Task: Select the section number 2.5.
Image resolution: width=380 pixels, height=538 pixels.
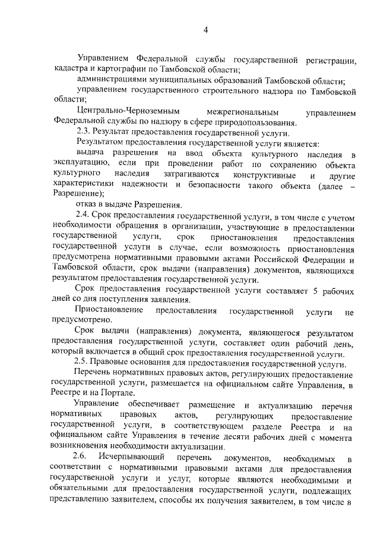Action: point(84,364)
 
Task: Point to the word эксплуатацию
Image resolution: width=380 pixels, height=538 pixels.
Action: point(79,165)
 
